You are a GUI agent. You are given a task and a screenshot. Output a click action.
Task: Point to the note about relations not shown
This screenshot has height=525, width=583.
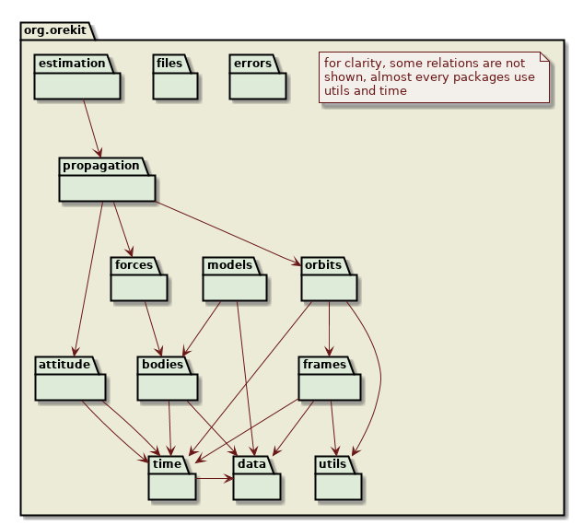point(434,77)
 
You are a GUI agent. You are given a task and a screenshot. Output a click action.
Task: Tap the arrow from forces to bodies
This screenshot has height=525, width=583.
point(153,326)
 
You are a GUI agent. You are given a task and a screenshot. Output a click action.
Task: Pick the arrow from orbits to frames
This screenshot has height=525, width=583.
point(330,328)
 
